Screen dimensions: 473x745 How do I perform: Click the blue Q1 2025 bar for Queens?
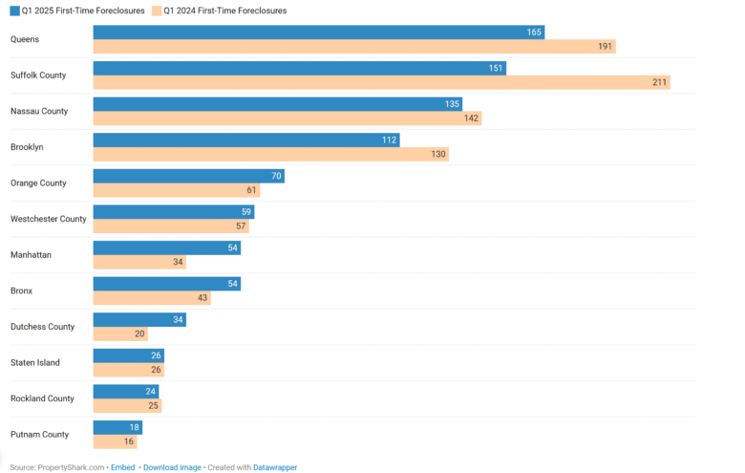pos(319,32)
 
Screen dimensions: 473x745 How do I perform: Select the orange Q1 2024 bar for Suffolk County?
pos(381,82)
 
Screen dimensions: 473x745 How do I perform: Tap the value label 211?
pos(659,82)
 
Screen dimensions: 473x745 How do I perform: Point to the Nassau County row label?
pos(39,111)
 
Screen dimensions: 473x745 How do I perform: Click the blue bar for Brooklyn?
pos(245,140)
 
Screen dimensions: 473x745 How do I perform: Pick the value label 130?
pos(438,154)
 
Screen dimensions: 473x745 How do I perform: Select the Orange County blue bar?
pos(188,176)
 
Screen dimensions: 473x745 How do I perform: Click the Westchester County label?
pos(48,219)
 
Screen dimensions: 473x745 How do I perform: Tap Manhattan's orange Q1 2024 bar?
pos(139,262)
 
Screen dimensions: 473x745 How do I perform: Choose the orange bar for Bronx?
pos(151,298)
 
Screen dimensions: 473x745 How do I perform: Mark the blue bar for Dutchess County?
pos(139,319)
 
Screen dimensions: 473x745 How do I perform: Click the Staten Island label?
pos(35,362)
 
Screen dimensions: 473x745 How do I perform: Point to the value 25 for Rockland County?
pos(153,405)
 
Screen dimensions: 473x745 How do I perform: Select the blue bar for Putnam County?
pos(117,427)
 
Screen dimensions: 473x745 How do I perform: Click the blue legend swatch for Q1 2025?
pos(14,11)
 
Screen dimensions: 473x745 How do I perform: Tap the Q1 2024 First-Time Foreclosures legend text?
pos(224,11)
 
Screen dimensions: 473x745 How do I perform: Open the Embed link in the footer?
pos(122,467)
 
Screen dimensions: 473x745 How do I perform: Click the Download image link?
pos(172,467)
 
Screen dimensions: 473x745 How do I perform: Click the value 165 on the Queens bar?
pos(534,32)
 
